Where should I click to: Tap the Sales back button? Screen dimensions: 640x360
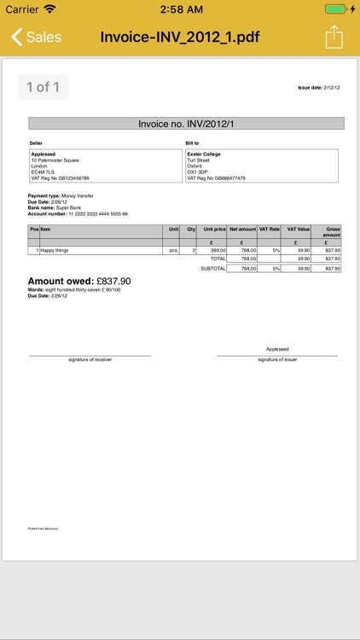36,38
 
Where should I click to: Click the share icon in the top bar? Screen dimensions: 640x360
334,38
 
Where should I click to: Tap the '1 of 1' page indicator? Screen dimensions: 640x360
43,87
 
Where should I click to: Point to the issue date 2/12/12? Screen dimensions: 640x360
318,88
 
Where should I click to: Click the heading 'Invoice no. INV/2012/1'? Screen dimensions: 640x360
186,124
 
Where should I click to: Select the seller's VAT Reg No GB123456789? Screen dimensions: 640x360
60,178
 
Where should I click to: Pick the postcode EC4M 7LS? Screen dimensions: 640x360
43,172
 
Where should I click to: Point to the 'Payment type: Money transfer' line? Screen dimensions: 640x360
61,195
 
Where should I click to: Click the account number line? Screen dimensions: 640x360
78,214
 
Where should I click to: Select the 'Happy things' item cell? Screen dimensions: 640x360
55,250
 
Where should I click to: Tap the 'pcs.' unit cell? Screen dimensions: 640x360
173,250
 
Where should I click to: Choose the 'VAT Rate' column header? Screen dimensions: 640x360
269,230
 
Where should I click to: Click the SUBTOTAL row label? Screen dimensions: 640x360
212,268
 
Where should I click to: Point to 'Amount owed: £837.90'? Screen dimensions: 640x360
79,281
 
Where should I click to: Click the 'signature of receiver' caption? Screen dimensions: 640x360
90,359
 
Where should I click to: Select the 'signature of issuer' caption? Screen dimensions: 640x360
277,359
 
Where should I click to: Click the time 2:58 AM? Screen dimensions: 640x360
180,9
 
